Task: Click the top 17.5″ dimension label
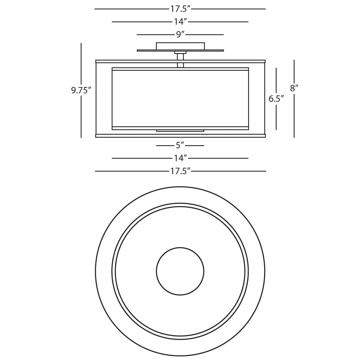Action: coord(180,9)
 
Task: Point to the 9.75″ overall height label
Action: coord(81,90)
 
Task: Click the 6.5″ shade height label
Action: coord(276,99)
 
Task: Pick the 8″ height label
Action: coord(294,88)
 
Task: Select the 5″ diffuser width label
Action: coord(180,145)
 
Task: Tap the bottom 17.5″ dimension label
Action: coord(180,171)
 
